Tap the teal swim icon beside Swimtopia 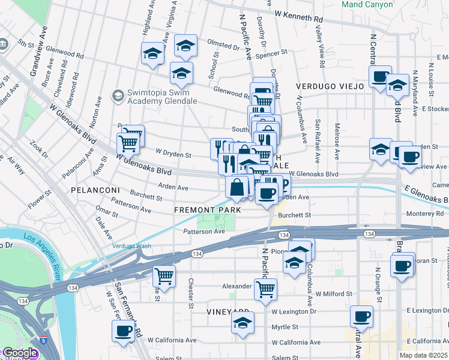coord(118,95)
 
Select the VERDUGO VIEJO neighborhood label coord(330,86)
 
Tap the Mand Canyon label coord(367,5)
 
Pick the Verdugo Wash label coord(131,245)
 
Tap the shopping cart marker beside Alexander coord(265,289)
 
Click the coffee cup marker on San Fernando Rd coord(124,330)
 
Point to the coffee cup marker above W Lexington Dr coord(361,316)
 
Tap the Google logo coord(19,353)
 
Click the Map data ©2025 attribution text coord(424,355)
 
